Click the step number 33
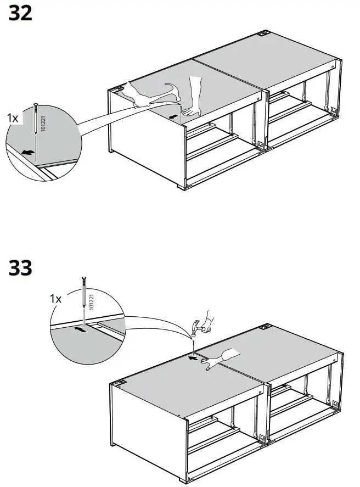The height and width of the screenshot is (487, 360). (21, 268)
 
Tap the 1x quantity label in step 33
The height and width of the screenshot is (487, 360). (56, 299)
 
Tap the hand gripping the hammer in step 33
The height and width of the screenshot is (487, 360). (207, 321)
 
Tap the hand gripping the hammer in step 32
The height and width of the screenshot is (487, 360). (139, 99)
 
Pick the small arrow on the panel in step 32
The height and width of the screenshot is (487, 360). (173, 116)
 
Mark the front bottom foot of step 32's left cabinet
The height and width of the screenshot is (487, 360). (182, 188)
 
